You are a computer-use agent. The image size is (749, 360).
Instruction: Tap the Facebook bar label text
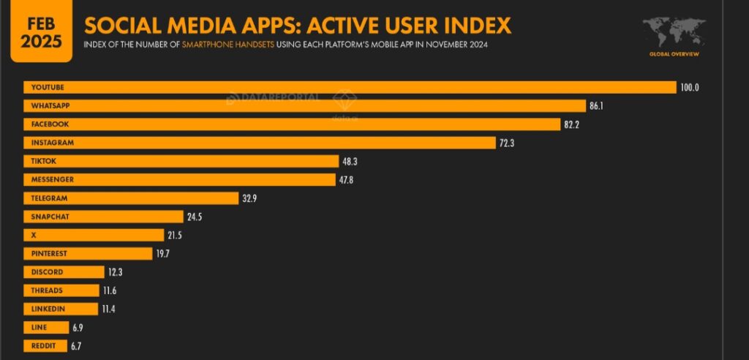[45, 124]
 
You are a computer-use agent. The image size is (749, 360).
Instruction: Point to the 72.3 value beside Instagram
[508, 143]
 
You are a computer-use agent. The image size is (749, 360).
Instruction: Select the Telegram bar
[132, 198]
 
